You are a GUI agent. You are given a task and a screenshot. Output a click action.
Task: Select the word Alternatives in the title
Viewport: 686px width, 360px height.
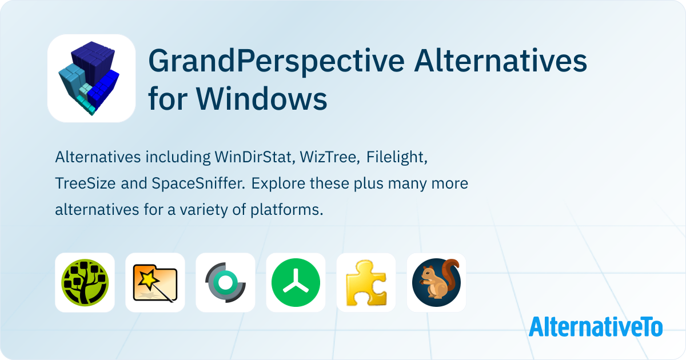coord(500,61)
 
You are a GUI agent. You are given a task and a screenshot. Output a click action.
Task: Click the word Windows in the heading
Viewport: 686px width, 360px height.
coord(262,98)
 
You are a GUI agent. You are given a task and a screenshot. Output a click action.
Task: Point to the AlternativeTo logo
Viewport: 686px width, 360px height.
coord(596,326)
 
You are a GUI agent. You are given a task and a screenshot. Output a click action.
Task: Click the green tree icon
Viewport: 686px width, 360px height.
coord(85,282)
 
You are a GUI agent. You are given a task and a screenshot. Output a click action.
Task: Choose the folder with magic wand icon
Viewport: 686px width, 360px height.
coord(155,282)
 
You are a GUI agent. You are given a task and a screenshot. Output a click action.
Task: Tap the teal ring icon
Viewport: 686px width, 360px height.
coord(225,282)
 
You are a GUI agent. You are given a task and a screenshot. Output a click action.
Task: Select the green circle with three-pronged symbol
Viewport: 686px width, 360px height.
coord(296,282)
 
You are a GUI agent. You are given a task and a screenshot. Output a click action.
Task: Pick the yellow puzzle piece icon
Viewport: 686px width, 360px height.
coord(366,282)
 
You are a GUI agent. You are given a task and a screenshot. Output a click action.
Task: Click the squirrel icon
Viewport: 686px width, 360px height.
coord(436,282)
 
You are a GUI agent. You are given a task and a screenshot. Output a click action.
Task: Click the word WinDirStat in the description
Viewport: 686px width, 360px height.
coord(255,157)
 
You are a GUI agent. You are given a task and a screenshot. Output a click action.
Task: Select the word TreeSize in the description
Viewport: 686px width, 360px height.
coord(85,183)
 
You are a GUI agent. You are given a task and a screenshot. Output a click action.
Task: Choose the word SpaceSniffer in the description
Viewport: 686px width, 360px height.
coord(198,183)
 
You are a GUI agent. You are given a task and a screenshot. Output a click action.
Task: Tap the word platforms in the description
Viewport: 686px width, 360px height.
coord(287,210)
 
